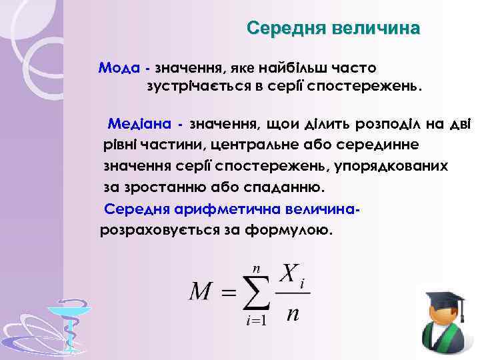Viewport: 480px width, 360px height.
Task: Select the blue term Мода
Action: pos(119,68)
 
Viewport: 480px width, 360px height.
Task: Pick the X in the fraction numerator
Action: pos(288,273)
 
